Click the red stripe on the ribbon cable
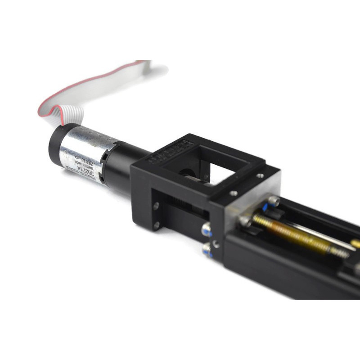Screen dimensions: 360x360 click(67, 90)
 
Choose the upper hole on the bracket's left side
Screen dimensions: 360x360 click(156, 206)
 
